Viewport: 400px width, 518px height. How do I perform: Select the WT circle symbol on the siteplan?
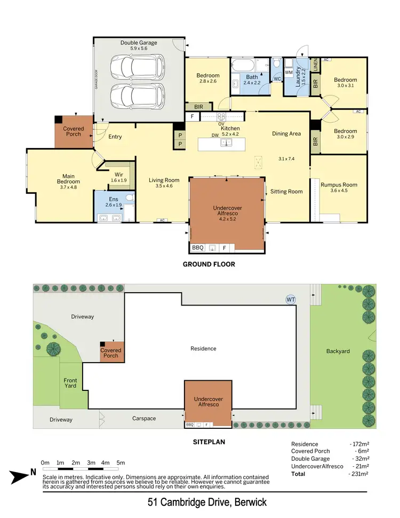coord(291,300)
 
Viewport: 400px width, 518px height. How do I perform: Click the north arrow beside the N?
coord(20,473)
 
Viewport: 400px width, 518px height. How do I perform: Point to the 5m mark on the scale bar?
coord(121,462)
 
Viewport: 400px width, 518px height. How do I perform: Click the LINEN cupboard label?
coord(316,66)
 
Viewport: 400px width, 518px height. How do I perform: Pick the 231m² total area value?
coord(359,474)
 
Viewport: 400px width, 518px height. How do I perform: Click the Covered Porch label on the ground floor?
coord(73,131)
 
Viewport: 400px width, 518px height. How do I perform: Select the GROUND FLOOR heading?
coord(209,264)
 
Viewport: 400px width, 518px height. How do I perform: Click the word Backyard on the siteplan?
coord(338,351)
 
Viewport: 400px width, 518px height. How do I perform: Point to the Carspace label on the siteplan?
coord(145,418)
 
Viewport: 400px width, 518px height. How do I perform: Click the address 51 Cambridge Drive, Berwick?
coord(207,503)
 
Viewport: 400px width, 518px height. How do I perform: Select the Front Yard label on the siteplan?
coord(70,382)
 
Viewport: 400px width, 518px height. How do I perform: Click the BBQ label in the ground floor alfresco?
coord(197,247)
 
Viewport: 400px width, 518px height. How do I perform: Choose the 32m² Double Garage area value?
coord(361,459)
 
